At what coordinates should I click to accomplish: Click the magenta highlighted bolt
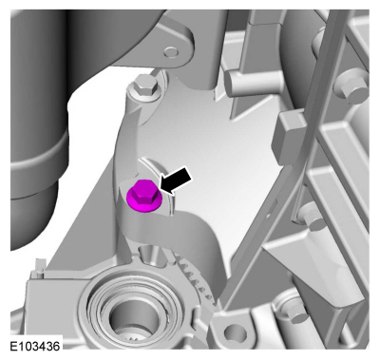tap(144, 197)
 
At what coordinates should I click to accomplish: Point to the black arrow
tap(176, 180)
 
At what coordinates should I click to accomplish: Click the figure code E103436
tap(35, 346)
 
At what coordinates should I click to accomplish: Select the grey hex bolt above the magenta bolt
tap(145, 86)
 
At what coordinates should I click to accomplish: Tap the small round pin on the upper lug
tap(172, 52)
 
